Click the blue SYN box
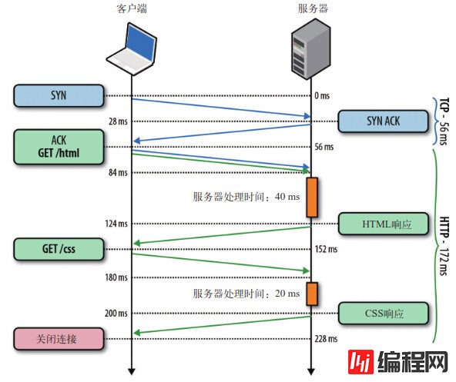point(59,96)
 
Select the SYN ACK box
point(384,121)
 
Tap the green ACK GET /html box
point(59,146)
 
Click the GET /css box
point(59,248)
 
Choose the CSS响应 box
point(384,313)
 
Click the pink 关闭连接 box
point(59,338)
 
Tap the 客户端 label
point(132,8)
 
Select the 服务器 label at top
point(311,8)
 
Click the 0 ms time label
point(322,96)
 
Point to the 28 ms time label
point(117,121)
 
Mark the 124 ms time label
point(116,224)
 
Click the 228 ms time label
point(327,339)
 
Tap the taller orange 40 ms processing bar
point(312,197)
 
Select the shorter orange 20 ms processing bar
point(312,293)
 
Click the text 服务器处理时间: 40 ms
point(246,197)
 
